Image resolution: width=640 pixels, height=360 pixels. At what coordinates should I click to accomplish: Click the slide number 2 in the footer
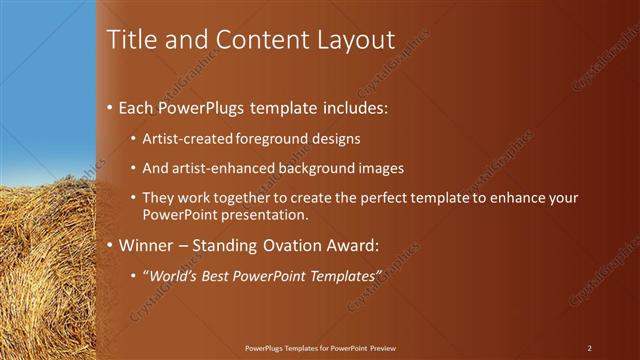[x=590, y=348]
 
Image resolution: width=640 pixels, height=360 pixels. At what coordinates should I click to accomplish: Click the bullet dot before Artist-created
[x=135, y=139]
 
